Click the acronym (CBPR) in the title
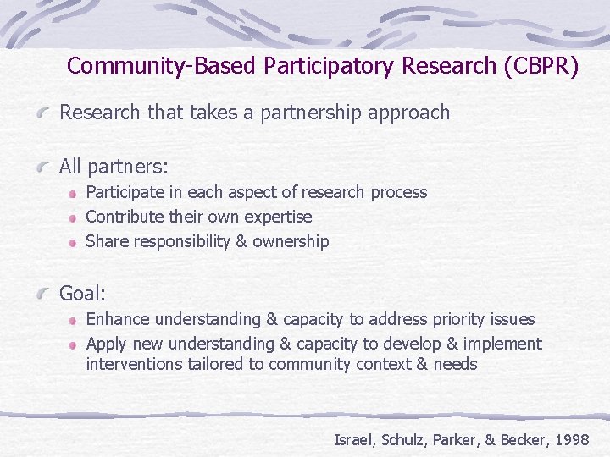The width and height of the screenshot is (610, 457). [x=540, y=66]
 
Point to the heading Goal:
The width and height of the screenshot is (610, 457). [x=82, y=294]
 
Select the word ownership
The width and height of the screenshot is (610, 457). [x=290, y=241]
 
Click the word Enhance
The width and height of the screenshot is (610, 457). [x=119, y=319]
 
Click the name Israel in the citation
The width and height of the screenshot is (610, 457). [x=353, y=439]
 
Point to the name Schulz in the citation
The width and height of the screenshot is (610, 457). [x=402, y=439]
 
